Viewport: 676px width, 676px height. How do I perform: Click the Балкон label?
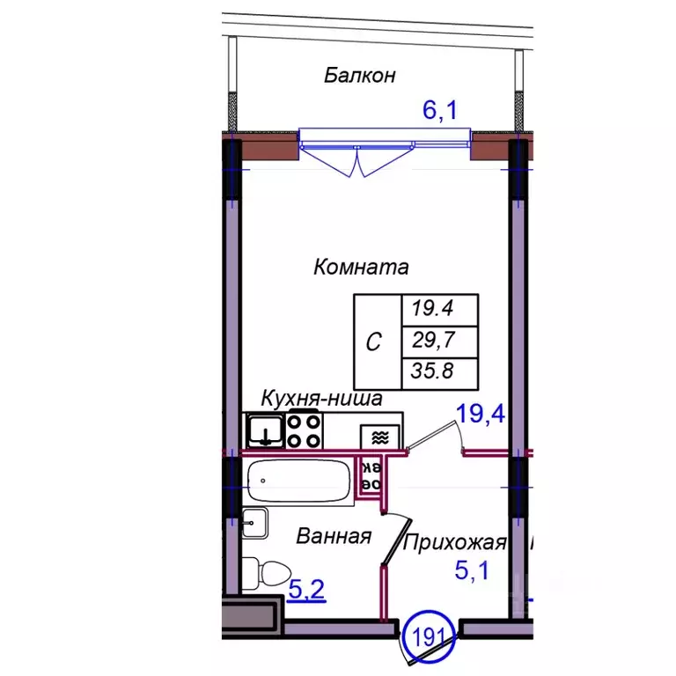(x=359, y=75)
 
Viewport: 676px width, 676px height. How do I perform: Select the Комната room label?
(x=361, y=266)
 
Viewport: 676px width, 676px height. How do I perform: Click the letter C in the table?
(x=373, y=342)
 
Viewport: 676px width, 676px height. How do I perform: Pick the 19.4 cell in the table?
(x=440, y=309)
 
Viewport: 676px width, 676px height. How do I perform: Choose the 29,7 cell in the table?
(x=440, y=339)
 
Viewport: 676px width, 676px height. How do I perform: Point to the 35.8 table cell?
(x=440, y=370)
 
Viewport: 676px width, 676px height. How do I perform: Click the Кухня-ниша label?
(x=320, y=399)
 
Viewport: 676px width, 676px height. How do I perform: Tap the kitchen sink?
(x=263, y=431)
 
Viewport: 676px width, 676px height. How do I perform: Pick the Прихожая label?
(x=454, y=542)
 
